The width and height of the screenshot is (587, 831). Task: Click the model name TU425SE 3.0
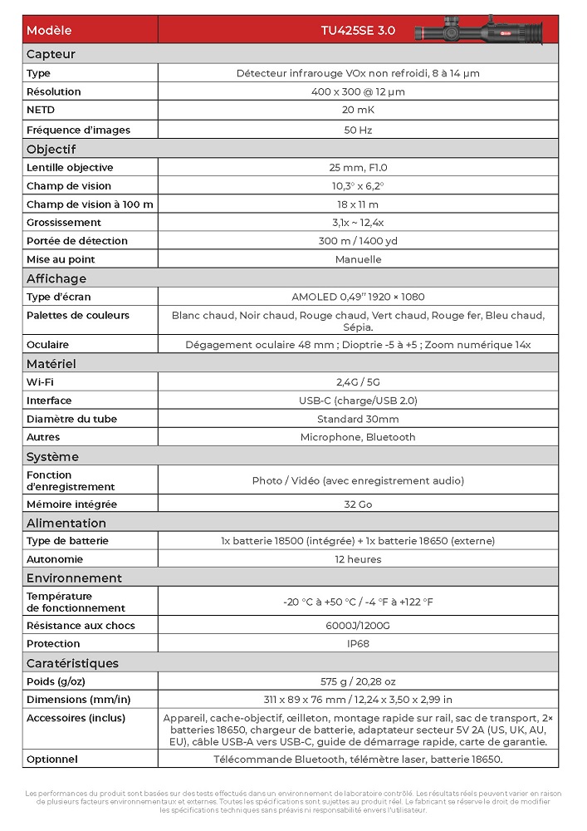358,31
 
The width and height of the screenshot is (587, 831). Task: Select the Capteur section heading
51,54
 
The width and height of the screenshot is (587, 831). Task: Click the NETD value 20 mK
358,111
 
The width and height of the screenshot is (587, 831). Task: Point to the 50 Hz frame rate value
358,130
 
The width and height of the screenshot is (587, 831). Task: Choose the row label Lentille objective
70,168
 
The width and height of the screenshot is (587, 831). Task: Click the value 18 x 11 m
358,204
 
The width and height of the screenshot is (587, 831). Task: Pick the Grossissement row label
64,223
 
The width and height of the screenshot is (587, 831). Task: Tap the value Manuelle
358,259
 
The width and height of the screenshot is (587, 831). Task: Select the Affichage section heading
56,278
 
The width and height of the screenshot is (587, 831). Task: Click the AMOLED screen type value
358,297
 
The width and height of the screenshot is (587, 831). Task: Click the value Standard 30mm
358,419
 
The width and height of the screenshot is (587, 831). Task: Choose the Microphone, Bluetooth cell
358,437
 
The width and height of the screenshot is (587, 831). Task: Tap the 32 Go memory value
358,504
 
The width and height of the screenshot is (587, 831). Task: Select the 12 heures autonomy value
358,559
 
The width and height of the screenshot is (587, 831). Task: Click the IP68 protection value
358,644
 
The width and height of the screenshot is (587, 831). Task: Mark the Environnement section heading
74,578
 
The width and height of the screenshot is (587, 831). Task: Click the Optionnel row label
52,760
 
